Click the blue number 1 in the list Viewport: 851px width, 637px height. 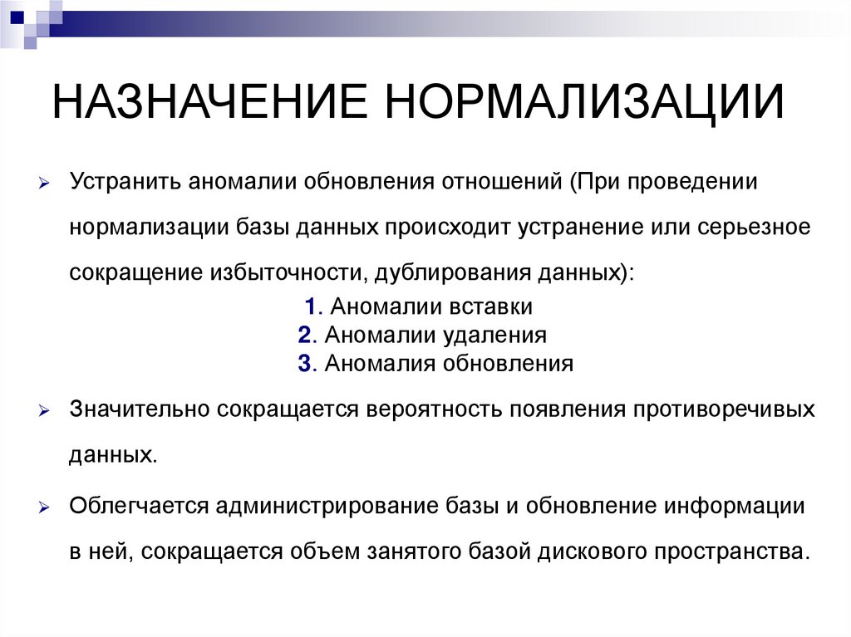(x=309, y=307)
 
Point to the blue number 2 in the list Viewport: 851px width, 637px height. (x=303, y=335)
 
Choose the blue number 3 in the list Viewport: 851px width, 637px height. (x=303, y=363)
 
